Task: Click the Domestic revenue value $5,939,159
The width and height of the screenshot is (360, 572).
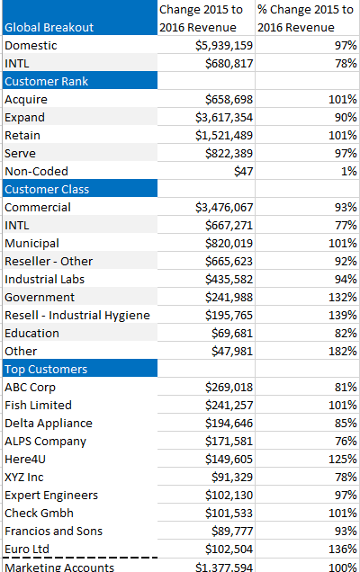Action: [x=224, y=45]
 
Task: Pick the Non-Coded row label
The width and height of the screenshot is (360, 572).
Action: [x=37, y=171]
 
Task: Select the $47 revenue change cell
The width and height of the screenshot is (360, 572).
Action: [x=242, y=171]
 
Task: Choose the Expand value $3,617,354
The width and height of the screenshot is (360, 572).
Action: [x=224, y=117]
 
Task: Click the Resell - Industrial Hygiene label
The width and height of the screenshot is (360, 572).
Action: [x=77, y=315]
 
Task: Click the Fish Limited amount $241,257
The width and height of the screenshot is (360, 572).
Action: [x=229, y=405]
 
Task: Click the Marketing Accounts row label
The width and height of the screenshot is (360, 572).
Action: [x=59, y=567]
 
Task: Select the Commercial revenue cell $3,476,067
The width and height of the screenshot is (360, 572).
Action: [x=224, y=207]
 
